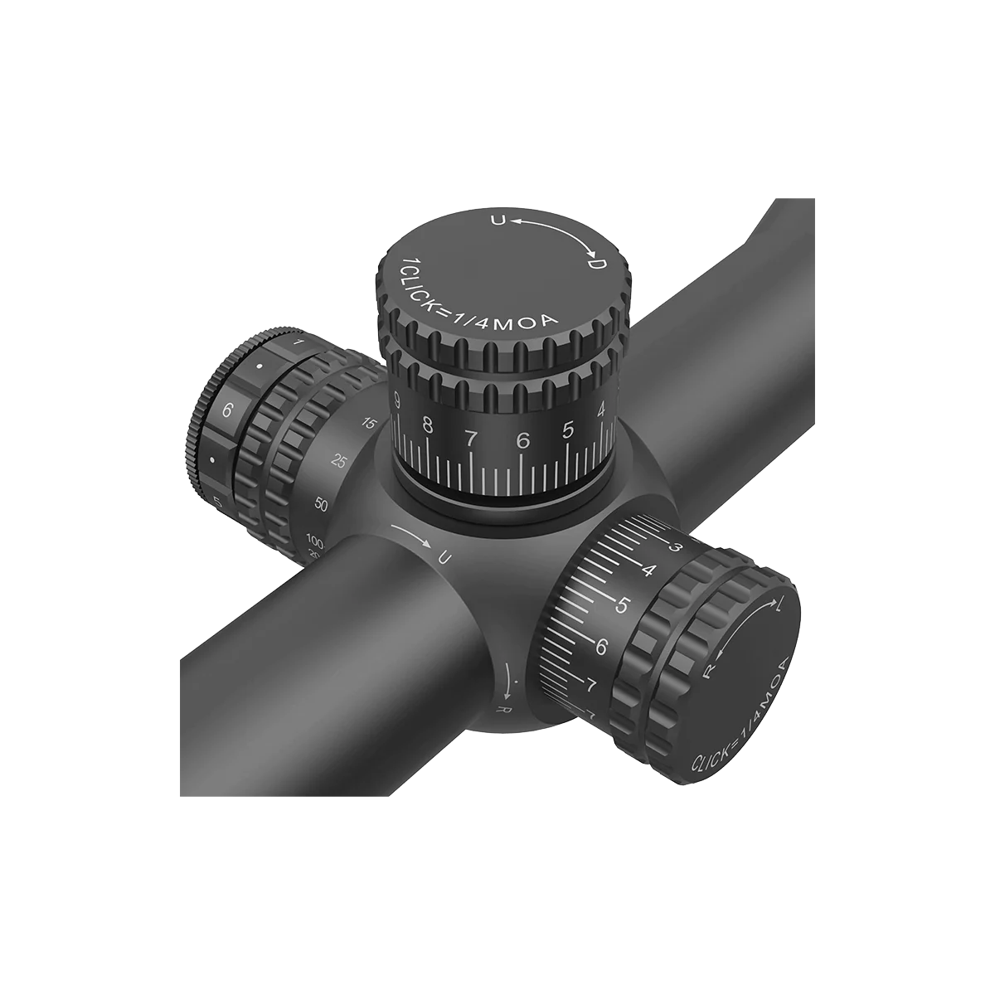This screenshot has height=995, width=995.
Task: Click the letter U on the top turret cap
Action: click(498, 220)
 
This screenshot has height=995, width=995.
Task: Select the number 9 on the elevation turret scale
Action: click(398, 404)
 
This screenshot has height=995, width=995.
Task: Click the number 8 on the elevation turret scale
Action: click(428, 425)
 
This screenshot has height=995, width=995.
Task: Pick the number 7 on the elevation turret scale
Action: click(472, 438)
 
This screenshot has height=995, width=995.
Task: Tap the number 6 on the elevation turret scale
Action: click(522, 441)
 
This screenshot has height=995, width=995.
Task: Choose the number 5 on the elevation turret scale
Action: click(568, 430)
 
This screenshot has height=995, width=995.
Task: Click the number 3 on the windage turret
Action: click(676, 546)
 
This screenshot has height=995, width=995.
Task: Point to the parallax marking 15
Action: click(370, 425)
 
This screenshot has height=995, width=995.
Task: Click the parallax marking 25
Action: click(339, 461)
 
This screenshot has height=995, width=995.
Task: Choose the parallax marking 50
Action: click(323, 503)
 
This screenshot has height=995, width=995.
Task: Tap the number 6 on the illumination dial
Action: click(228, 409)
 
